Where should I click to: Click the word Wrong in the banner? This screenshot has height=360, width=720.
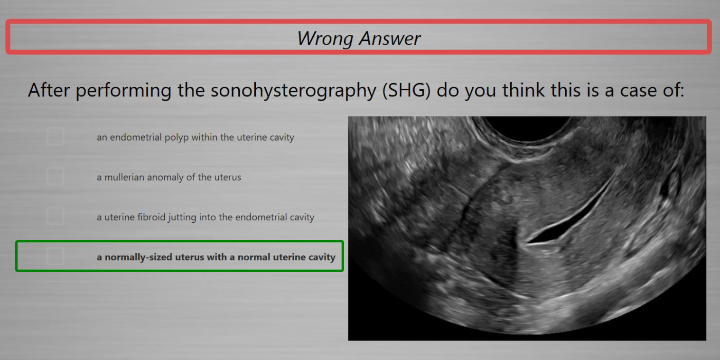pyautogui.click(x=325, y=38)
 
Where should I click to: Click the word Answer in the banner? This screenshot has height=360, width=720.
pyautogui.click(x=390, y=38)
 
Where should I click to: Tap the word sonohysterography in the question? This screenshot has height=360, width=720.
pyautogui.click(x=293, y=90)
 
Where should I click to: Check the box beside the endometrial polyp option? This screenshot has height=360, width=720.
pyautogui.click(x=55, y=136)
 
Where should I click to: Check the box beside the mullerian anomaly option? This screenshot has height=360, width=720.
pyautogui.click(x=55, y=176)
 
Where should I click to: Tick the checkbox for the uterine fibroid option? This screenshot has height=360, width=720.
pyautogui.click(x=55, y=216)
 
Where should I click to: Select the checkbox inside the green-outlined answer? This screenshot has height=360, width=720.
pyautogui.click(x=55, y=256)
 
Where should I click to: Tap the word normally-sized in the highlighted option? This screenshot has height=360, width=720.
pyautogui.click(x=138, y=257)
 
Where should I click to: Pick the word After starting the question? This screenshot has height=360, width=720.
pyautogui.click(x=49, y=90)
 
